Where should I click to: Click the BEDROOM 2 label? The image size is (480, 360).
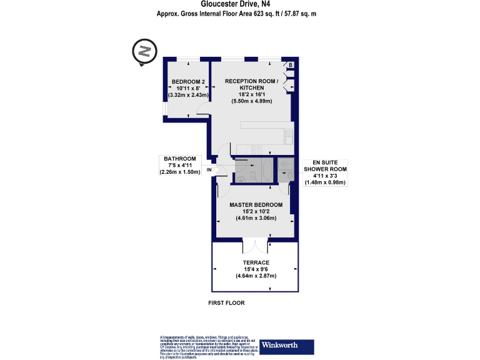click(188, 82)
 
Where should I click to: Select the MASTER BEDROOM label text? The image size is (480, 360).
click(256, 205)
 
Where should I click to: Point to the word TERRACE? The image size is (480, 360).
click(256, 262)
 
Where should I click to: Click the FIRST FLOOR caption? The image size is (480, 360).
click(226, 303)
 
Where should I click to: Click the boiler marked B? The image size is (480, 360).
click(290, 65)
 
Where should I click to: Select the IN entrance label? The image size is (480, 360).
click(209, 169)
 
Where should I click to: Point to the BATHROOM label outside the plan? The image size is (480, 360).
click(180, 159)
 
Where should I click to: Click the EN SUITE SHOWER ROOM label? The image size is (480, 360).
click(324, 166)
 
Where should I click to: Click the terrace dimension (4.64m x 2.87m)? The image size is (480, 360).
click(256, 276)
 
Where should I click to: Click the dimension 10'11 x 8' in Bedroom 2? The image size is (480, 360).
click(188, 88)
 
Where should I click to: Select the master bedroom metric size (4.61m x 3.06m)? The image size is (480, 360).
click(256, 219)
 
